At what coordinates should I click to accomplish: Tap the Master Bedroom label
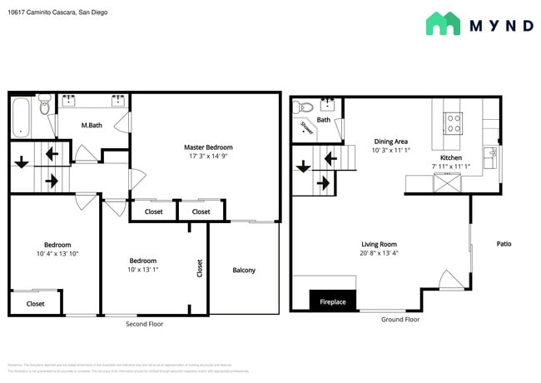coord(208,147)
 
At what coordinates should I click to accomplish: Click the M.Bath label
coord(91,125)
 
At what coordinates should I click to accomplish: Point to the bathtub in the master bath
coord(21,117)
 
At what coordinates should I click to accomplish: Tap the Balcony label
coord(244,270)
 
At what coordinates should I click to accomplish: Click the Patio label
coord(504,244)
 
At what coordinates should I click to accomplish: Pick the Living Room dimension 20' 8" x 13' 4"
coord(378,254)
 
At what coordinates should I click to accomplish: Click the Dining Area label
coord(390,142)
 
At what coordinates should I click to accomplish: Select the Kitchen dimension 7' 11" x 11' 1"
coord(451,167)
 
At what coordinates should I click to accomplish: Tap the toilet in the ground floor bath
coord(305,107)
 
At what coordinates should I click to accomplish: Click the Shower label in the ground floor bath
coord(305,128)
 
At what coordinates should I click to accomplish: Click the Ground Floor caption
coord(400,319)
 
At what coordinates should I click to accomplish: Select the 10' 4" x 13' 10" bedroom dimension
coord(57,254)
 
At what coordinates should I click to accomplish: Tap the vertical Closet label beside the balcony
coord(199,268)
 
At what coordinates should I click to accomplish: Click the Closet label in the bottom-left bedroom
coord(35,304)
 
